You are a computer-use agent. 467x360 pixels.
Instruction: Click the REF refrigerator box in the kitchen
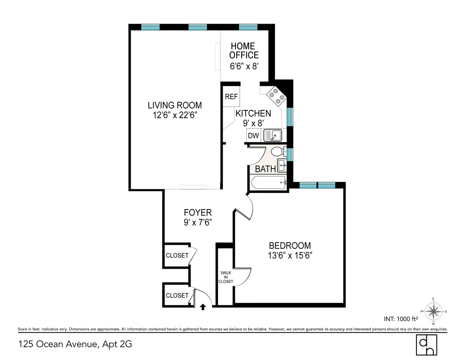coord(231,97)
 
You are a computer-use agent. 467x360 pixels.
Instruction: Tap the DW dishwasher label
coord(254,136)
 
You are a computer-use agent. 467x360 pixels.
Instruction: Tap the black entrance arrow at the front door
coord(202,307)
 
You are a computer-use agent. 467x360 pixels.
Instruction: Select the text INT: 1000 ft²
coord(401,319)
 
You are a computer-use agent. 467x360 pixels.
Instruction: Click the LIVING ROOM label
coord(175,105)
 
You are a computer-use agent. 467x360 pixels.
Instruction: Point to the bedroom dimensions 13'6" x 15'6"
coord(290,255)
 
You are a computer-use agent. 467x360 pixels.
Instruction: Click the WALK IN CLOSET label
coord(225,277)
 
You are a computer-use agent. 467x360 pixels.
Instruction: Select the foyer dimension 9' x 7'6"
coord(198,223)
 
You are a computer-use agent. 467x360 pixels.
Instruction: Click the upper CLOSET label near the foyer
coord(177,255)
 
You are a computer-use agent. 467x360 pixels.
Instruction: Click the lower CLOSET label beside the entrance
coord(177,295)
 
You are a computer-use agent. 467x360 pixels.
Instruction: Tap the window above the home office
coord(248,27)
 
